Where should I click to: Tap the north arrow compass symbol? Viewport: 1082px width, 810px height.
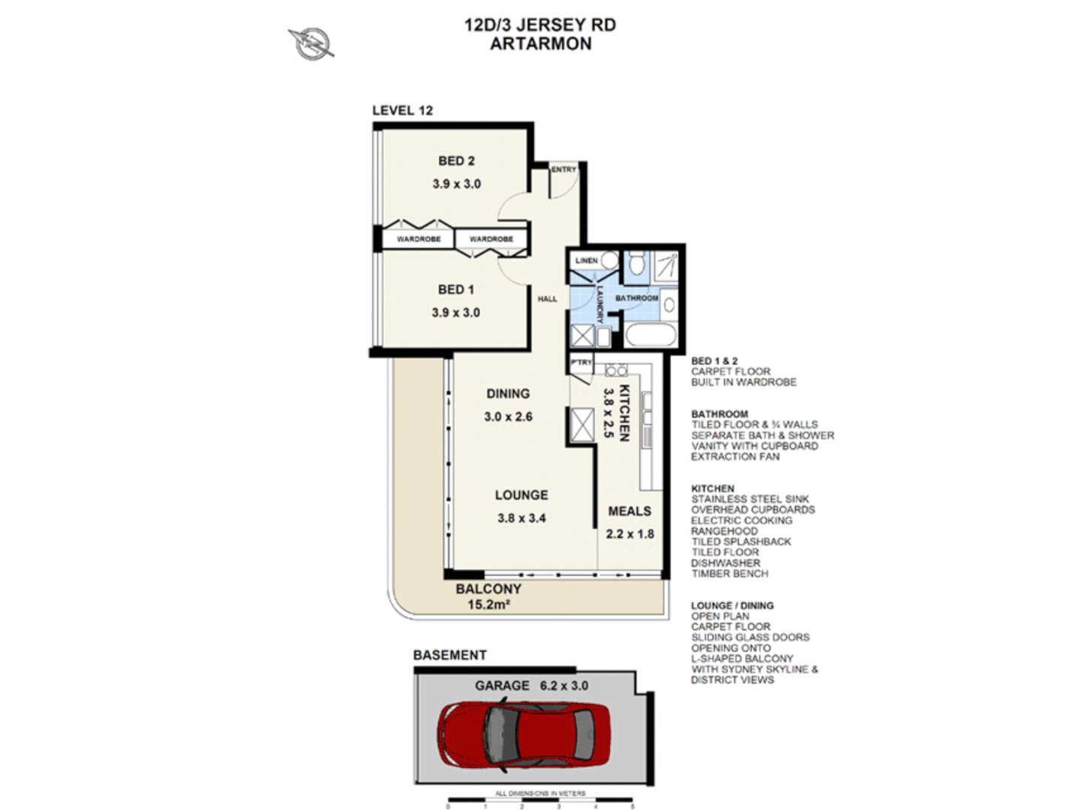pos(311,43)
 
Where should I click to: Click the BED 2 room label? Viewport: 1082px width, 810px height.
pos(456,161)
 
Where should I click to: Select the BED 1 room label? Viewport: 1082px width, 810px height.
pos(455,289)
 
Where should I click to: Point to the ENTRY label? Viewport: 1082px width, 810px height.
pos(564,169)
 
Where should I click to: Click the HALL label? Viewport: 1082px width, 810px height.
pos(547,298)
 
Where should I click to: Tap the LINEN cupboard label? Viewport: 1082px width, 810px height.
pos(586,260)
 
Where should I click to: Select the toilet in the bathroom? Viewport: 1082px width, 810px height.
pos(636,262)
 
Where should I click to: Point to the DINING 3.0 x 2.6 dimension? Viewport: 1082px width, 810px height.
pos(508,417)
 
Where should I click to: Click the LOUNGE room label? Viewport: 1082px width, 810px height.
pos(521,495)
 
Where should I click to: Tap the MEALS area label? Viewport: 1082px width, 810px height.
pos(630,511)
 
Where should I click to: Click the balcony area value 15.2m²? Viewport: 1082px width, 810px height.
pos(488,604)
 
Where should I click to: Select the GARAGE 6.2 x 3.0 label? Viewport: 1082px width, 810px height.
pos(531,685)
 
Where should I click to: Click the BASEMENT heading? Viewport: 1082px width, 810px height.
pos(449,655)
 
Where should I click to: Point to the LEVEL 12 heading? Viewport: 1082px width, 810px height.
pos(402,110)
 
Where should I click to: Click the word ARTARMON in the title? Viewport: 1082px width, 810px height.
pos(540,43)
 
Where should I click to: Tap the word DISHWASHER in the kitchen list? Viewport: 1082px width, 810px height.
pos(726,562)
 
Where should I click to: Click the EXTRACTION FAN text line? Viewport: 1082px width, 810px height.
pos(735,456)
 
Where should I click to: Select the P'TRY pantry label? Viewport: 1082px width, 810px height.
pos(581,362)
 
